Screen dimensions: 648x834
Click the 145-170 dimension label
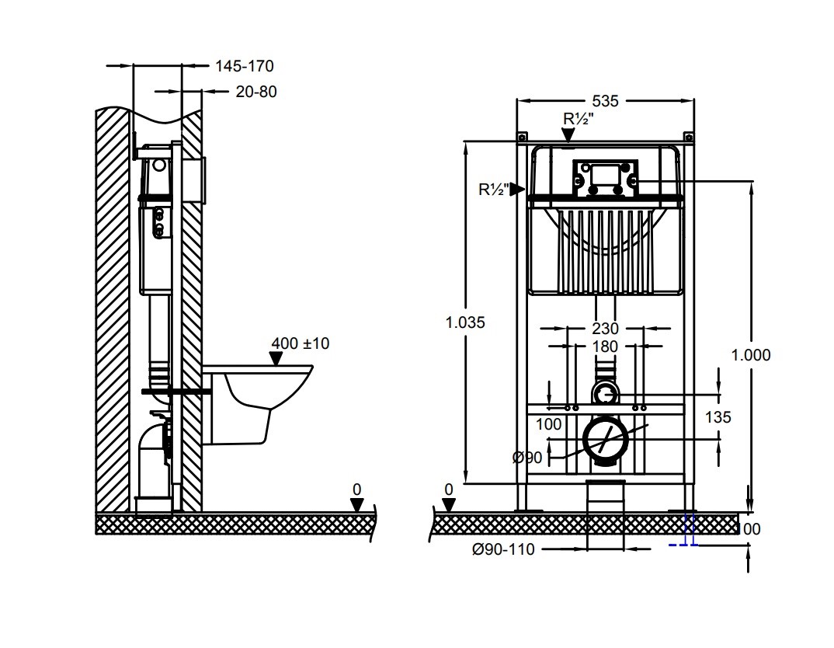point(245,67)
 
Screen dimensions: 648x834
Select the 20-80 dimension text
point(255,92)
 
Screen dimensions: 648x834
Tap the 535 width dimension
point(605,101)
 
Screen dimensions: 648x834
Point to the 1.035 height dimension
point(465,322)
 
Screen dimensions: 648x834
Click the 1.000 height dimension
point(751,355)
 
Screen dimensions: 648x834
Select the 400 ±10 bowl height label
point(300,343)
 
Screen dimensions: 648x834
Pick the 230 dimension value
point(605,329)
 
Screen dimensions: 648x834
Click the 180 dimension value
point(605,347)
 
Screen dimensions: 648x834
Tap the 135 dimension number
point(718,417)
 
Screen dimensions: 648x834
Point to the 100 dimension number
point(548,424)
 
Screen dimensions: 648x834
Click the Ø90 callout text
point(527,458)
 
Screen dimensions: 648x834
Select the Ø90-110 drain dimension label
point(503,549)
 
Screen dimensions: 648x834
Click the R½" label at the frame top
point(579,119)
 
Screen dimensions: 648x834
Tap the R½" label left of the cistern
point(494,189)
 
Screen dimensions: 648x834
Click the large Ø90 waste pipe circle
point(605,440)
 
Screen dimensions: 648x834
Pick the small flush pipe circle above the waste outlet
point(605,395)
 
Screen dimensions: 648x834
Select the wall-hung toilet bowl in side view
point(256,396)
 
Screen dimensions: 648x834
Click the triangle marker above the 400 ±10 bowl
point(274,358)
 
